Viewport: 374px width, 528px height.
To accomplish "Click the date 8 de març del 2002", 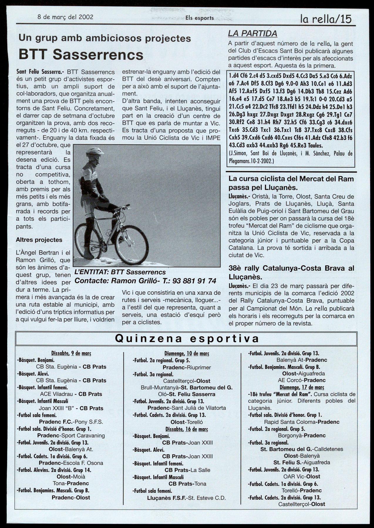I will pyautogui.click(x=65, y=17).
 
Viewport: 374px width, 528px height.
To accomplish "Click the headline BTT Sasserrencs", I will pyautogui.click(x=81, y=54).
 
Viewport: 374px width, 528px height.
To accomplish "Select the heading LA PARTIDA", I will pyautogui.click(x=252, y=33).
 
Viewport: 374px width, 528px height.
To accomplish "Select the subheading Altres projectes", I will pyautogui.click(x=39, y=240).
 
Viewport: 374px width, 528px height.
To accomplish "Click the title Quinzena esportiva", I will pyautogui.click(x=187, y=338).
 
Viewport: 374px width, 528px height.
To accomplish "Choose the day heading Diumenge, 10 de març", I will pyautogui.click(x=187, y=354).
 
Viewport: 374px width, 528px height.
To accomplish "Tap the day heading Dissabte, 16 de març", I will pyautogui.click(x=186, y=429).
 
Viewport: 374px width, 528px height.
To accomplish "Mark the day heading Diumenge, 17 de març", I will pyautogui.click(x=302, y=387).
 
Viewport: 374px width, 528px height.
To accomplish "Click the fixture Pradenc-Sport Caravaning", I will pyautogui.click(x=71, y=436).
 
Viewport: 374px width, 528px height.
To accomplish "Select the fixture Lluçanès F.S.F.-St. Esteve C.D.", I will pyautogui.click(x=186, y=498).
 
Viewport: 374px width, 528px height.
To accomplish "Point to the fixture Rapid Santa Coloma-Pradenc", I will pyautogui.click(x=302, y=422).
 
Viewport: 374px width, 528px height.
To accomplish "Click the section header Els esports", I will pyautogui.click(x=200, y=18).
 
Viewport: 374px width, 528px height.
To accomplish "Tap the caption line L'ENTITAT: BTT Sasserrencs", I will pyautogui.click(x=120, y=272).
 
